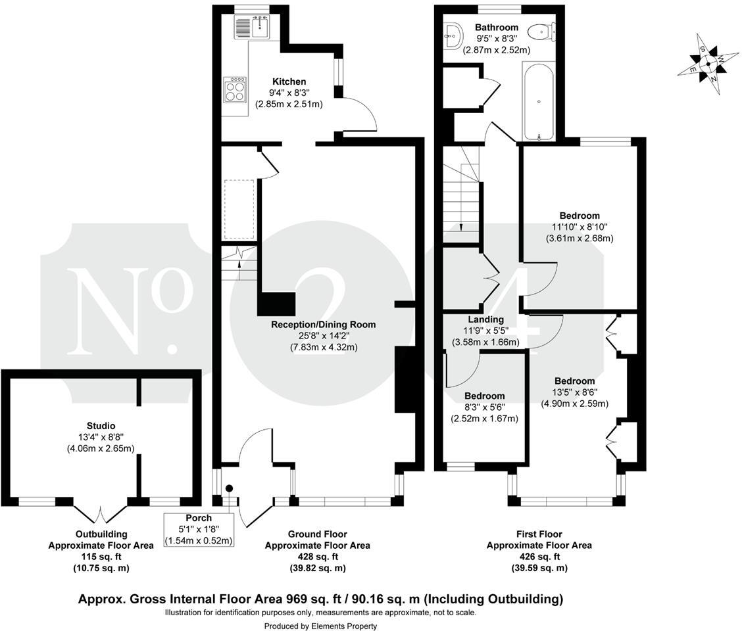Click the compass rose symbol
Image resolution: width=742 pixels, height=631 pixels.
click(x=708, y=64)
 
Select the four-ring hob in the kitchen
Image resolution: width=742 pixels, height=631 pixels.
click(x=235, y=89)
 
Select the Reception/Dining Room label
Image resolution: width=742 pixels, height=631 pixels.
click(x=323, y=324)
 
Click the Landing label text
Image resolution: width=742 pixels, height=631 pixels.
click(x=485, y=319)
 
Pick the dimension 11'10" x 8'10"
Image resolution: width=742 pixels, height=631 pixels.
click(x=580, y=227)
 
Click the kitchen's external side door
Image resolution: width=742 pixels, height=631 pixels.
click(x=359, y=114)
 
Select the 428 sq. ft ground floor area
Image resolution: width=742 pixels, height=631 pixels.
click(x=317, y=557)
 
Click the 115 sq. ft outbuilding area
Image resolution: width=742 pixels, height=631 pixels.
click(x=101, y=557)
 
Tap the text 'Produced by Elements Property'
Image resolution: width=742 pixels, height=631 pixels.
click(x=320, y=626)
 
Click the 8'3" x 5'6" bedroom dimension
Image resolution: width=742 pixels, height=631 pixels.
click(x=485, y=408)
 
